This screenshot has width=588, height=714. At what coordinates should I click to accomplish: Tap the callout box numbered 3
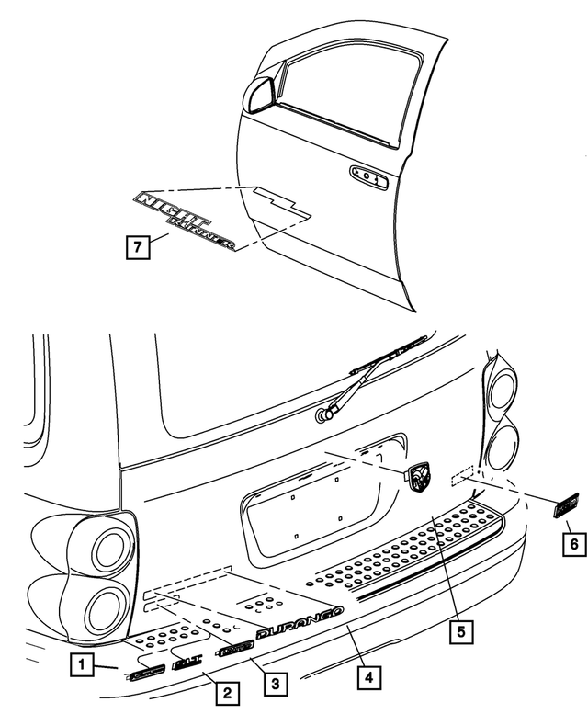click(x=273, y=684)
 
